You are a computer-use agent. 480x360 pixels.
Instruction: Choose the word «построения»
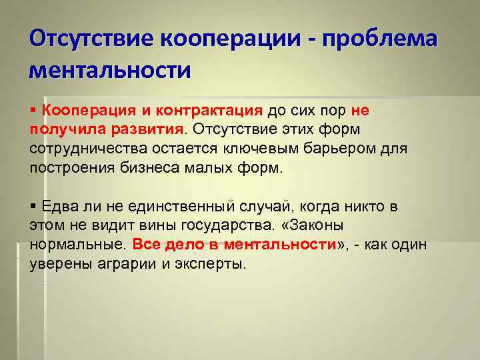click(x=71, y=167)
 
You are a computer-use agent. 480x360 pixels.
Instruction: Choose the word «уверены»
click(x=61, y=264)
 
